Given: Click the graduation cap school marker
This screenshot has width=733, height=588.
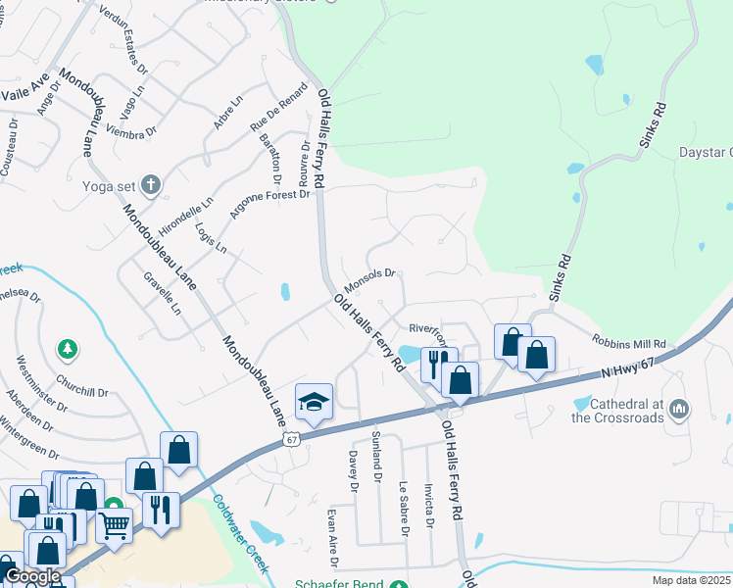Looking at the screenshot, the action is click(314, 402).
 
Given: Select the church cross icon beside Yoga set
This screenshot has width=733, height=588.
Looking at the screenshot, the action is click(150, 183).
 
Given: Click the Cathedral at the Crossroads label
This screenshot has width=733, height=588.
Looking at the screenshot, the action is click(617, 411).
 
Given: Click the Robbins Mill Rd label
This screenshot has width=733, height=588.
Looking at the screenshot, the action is click(628, 343).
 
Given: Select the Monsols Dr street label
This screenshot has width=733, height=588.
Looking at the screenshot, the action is click(368, 281).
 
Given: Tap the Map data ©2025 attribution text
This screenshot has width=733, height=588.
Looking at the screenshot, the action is click(691, 580).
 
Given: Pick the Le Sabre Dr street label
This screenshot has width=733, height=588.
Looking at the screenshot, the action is click(404, 509).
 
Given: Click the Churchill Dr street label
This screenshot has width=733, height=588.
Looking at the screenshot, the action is click(82, 385).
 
